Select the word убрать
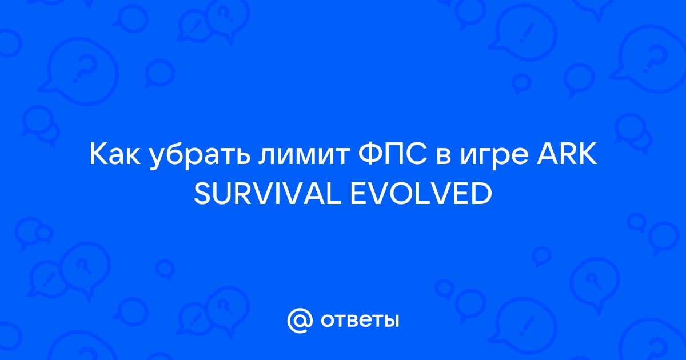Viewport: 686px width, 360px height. click(200, 157)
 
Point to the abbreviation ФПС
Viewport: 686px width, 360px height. click(393, 155)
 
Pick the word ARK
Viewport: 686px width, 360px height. click(567, 155)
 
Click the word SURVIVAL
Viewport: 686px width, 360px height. click(268, 194)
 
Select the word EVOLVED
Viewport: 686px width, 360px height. click(421, 194)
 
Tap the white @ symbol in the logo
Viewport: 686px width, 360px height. click(300, 321)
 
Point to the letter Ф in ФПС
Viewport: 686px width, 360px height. click(370, 155)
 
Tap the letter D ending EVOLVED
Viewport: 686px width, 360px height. click(482, 194)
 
